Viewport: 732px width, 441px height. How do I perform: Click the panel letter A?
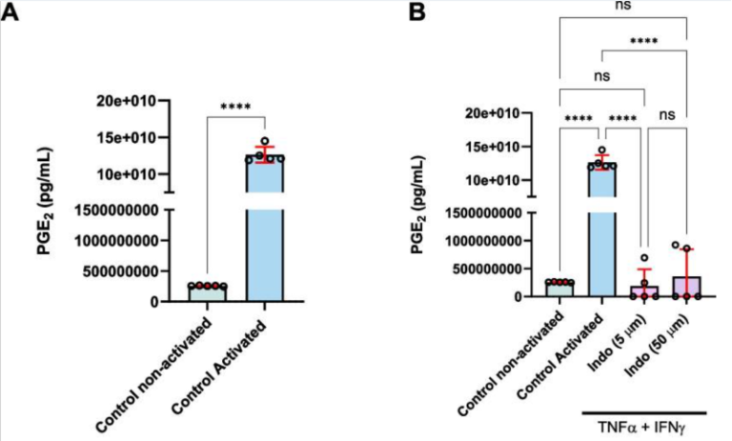click(x=10, y=11)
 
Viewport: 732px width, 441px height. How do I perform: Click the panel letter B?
click(x=417, y=11)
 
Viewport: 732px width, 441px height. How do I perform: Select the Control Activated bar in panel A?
click(x=265, y=229)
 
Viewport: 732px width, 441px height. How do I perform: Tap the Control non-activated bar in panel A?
click(x=208, y=293)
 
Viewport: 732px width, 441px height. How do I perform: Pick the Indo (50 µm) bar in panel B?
click(x=686, y=287)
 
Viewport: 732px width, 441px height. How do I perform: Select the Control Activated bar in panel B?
click(x=602, y=230)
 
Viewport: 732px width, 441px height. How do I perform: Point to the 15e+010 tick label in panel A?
click(x=126, y=138)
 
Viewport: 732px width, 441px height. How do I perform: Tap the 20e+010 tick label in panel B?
click(x=489, y=113)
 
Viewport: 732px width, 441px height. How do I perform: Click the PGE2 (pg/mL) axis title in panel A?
click(x=46, y=201)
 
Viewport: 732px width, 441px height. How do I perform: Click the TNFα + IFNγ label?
click(x=644, y=427)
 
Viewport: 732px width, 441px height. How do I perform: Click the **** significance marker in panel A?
click(x=235, y=107)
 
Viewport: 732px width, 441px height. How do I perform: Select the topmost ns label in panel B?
click(x=622, y=6)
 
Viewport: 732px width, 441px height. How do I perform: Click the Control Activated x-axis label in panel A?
click(x=219, y=367)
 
